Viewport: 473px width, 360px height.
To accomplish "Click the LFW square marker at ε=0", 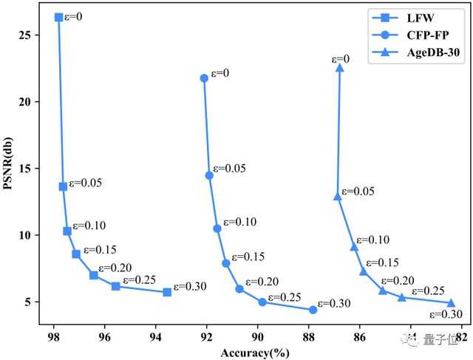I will tap(59, 17).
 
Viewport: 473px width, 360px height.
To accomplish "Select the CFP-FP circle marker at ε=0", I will tap(204, 78).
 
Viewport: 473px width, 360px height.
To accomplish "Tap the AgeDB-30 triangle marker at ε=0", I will tap(340, 68).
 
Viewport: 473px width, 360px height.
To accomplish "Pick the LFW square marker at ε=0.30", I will tap(167, 292).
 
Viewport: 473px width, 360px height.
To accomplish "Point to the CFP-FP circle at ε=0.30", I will tap(313, 310).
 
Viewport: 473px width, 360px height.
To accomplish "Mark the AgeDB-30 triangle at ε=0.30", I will tap(451, 303).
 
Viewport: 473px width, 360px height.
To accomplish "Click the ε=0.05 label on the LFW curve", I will tap(86, 183).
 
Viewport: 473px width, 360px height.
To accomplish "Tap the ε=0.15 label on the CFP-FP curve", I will tap(249, 257).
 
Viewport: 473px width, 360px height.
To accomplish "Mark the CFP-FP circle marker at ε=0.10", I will tap(217, 228).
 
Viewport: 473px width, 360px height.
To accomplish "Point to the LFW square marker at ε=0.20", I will tap(94, 275).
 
